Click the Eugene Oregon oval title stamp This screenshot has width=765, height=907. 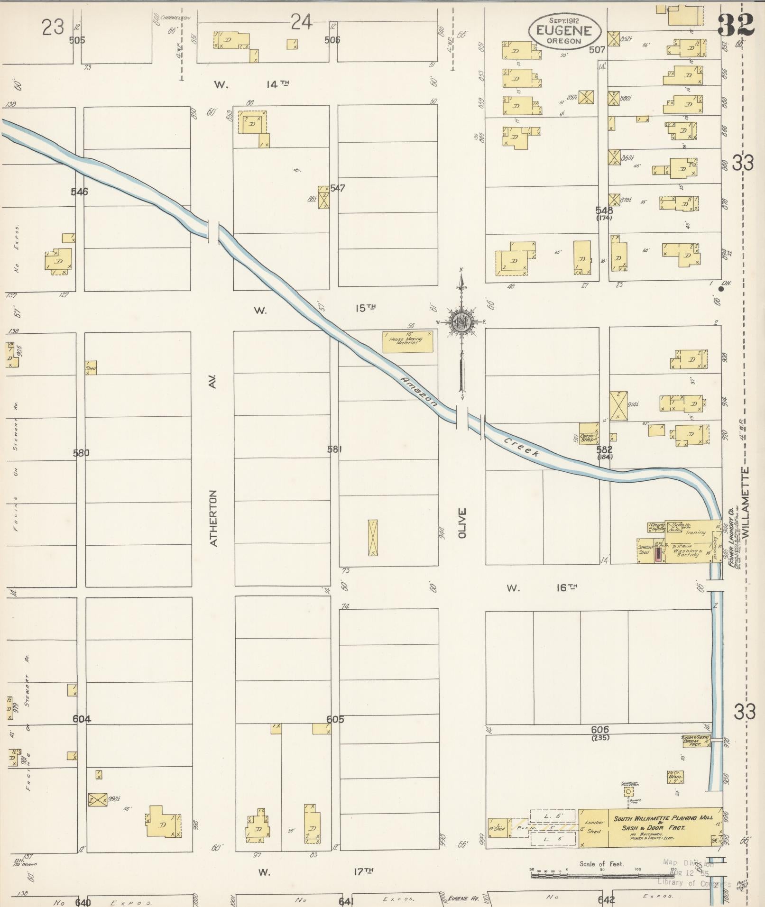pyautogui.click(x=564, y=31)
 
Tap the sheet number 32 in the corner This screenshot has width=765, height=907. pyautogui.click(x=736, y=25)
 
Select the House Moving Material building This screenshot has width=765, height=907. pyautogui.click(x=408, y=341)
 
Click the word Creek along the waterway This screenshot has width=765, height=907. pyautogui.click(x=522, y=448)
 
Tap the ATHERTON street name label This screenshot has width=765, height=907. pyautogui.click(x=213, y=518)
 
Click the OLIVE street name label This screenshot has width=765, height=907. pyautogui.click(x=462, y=523)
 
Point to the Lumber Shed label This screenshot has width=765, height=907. pyautogui.click(x=594, y=827)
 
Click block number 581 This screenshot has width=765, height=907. pyautogui.click(x=335, y=449)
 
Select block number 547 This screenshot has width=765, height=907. pyautogui.click(x=338, y=188)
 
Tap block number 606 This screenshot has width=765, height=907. pyautogui.click(x=600, y=730)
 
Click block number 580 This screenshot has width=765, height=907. pyautogui.click(x=81, y=453)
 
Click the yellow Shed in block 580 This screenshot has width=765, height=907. pyautogui.click(x=91, y=368)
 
